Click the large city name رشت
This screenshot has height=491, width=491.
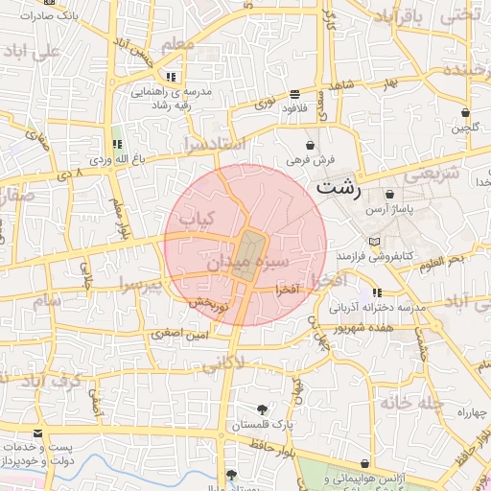pyautogui.click(x=339, y=187)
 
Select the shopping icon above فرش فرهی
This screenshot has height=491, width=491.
pyautogui.click(x=309, y=145)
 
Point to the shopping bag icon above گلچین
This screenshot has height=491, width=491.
pyautogui.click(x=465, y=111)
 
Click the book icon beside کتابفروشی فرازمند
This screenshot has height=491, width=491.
pyautogui.click(x=374, y=241)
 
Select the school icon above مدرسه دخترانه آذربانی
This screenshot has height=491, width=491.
pyautogui.click(x=377, y=292)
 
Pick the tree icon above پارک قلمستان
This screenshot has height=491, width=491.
pyautogui.click(x=263, y=409)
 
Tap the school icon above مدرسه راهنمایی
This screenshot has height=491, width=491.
pyautogui.click(x=170, y=76)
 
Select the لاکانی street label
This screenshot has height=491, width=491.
pyautogui.click(x=250, y=362)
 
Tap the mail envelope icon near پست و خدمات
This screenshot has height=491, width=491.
pyautogui.click(x=37, y=433)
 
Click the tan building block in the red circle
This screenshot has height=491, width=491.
pyautogui.click(x=248, y=255)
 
